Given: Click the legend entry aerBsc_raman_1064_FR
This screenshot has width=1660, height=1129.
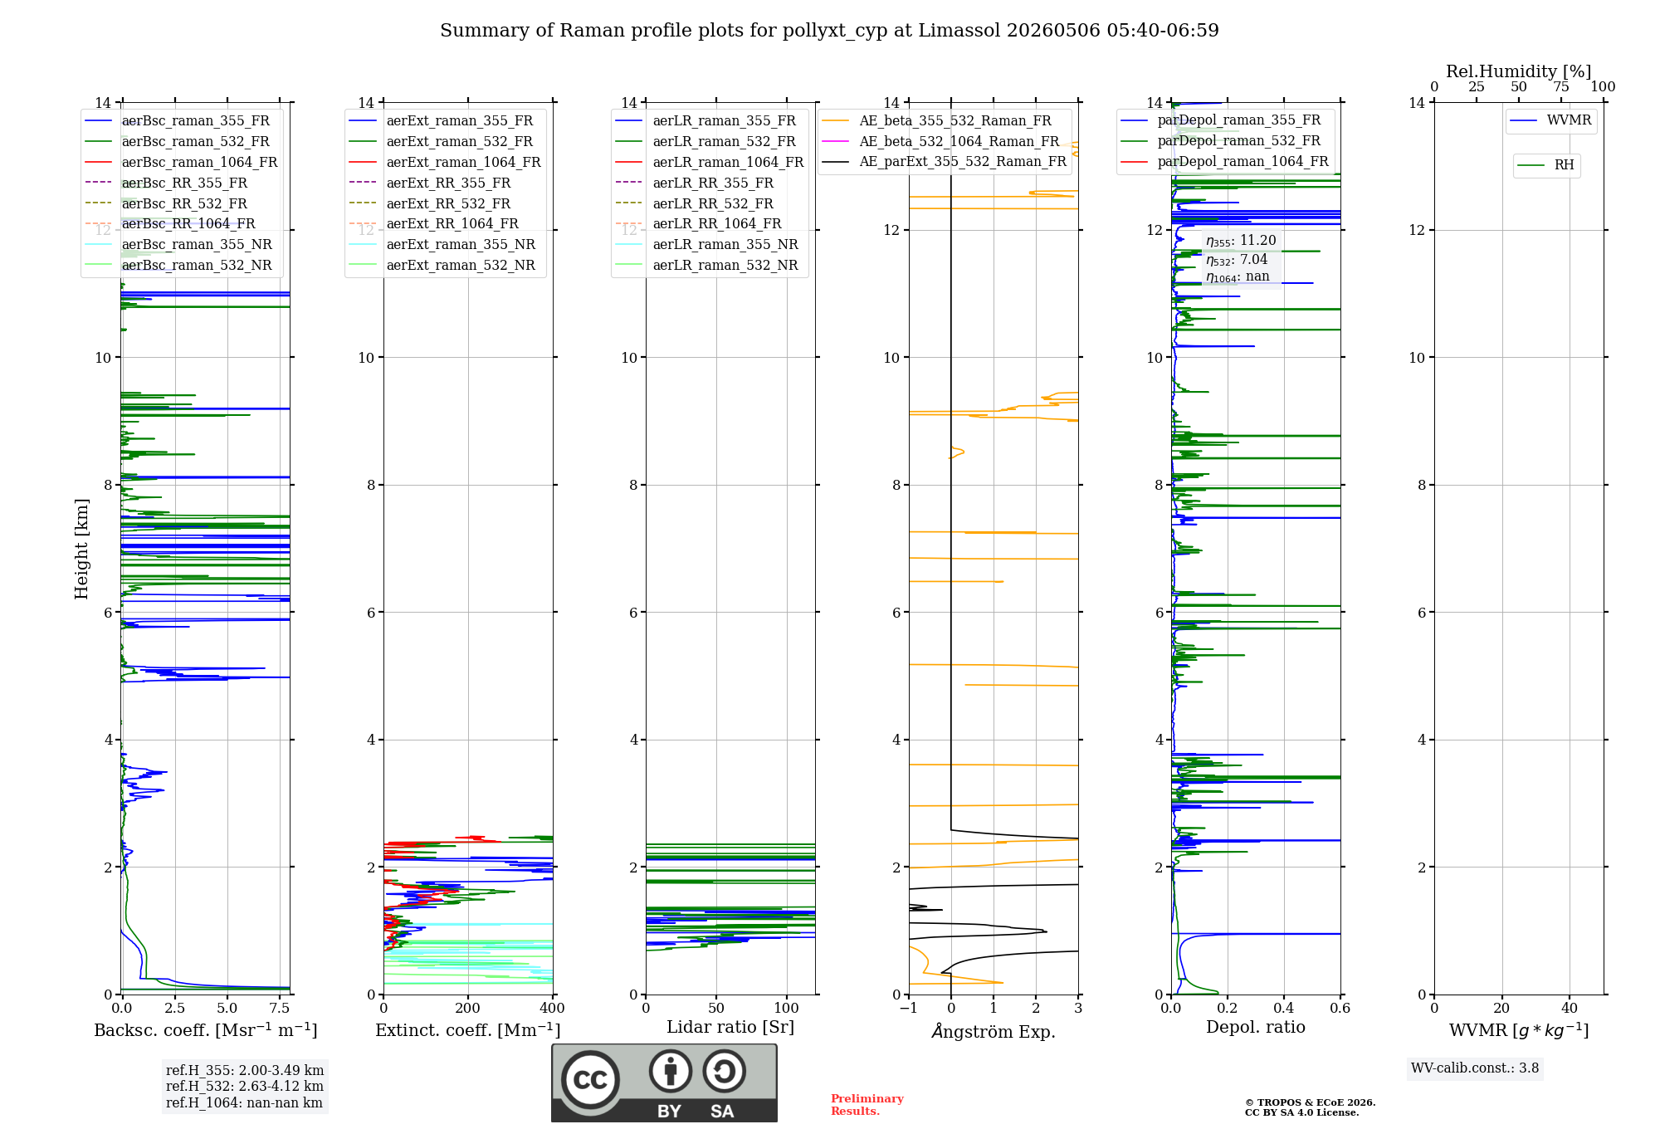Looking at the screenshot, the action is [x=181, y=162].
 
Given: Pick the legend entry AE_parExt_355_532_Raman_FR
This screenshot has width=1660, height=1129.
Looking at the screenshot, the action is [x=945, y=161].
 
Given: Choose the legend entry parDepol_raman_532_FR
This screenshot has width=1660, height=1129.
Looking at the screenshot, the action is [x=1221, y=141].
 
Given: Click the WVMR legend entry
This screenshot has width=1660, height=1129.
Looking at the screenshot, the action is [x=1550, y=120].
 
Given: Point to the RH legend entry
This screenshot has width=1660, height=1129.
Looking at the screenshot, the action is [x=1545, y=165].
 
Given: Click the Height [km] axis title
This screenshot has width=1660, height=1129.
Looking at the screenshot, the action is [x=81, y=549].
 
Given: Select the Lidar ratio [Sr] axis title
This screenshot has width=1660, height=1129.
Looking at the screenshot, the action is [x=730, y=1027].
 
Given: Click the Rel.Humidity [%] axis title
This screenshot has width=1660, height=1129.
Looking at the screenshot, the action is [x=1519, y=71].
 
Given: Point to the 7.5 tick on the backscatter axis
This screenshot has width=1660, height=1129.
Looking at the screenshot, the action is [x=280, y=1008].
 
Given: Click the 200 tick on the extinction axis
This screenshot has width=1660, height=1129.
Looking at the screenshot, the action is [x=468, y=1008].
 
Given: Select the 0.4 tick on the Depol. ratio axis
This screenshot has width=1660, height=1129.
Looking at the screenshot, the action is [x=1284, y=1008].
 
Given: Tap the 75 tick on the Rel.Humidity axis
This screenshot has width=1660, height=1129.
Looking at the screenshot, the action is [x=1561, y=86].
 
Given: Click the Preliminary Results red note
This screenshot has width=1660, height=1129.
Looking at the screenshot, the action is [x=867, y=1105].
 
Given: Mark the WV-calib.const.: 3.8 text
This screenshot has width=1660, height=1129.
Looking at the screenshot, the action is [x=1475, y=1068].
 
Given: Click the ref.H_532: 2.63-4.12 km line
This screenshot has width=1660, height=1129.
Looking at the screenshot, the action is [x=245, y=1086].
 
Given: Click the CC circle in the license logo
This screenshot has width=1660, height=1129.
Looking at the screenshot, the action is [x=590, y=1080].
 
